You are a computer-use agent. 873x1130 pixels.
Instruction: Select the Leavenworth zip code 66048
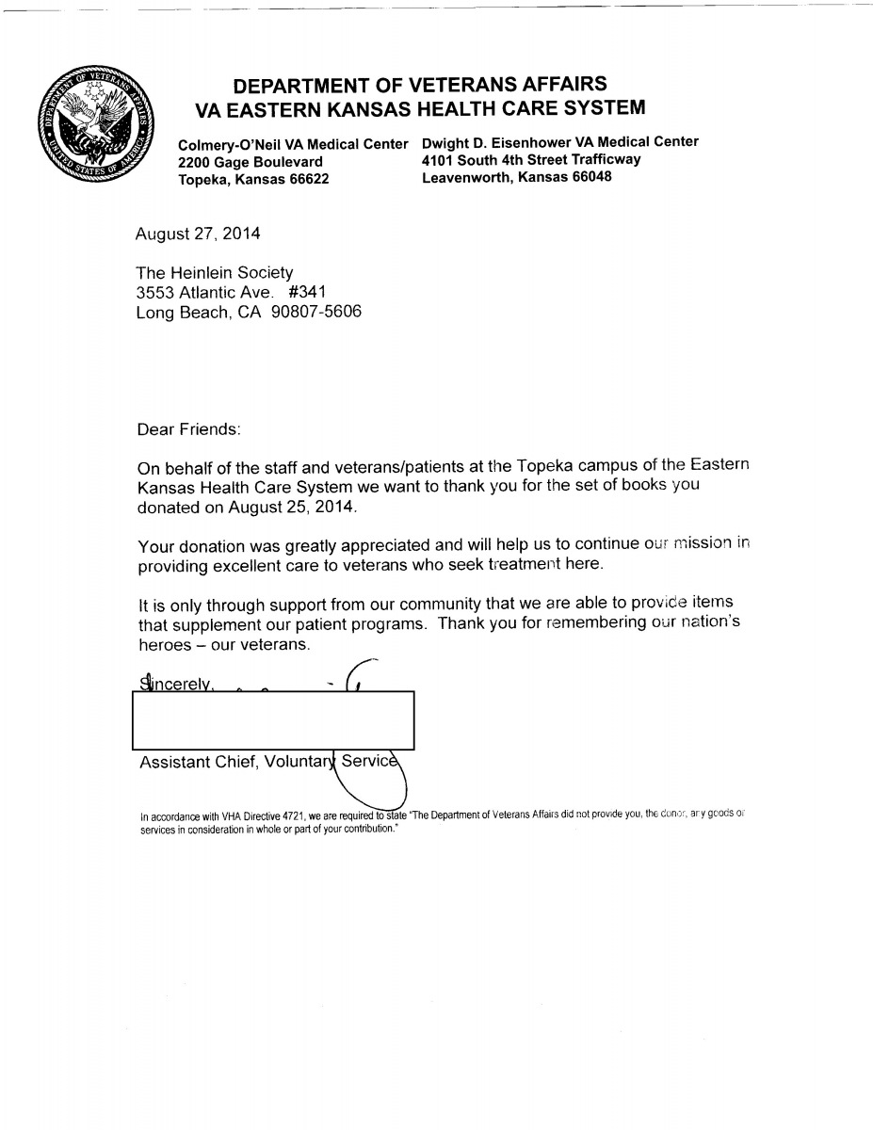(584, 176)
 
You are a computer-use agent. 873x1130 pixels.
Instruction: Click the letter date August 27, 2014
(198, 233)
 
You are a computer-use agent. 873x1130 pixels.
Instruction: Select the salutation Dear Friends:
(189, 428)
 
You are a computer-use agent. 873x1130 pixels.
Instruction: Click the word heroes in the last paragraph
(165, 645)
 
